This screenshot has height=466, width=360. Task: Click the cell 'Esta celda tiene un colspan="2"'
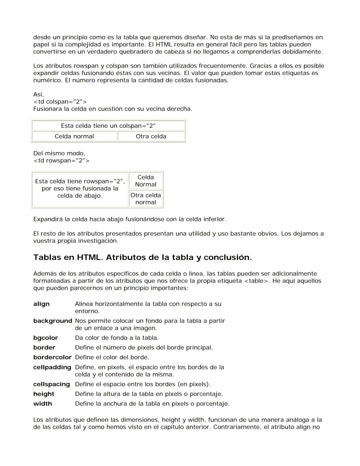point(108,126)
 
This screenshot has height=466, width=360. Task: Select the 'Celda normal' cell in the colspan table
point(74,136)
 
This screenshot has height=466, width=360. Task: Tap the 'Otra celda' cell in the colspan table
point(151,136)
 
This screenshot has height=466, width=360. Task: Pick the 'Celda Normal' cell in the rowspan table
point(146,181)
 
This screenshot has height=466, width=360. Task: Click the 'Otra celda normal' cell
point(146,199)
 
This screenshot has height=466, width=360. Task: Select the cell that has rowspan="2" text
point(80,188)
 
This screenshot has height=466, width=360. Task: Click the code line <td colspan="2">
point(60,102)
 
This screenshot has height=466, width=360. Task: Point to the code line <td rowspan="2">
point(61,161)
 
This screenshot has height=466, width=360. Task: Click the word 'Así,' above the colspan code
point(39,94)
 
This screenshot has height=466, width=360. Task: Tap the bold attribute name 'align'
point(41,304)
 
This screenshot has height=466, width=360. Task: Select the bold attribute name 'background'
point(53,321)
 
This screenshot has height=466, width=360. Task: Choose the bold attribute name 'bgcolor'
point(46,338)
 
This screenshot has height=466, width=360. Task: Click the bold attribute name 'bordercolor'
point(52,357)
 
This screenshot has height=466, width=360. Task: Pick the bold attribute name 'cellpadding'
point(52,367)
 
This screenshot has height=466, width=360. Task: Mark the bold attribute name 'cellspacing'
point(52,384)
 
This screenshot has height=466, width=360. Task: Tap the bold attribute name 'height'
point(44,394)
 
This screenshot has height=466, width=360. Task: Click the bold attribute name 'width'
point(43,404)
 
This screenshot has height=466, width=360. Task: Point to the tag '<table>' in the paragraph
point(256,281)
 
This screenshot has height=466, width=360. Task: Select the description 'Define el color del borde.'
point(112,357)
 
